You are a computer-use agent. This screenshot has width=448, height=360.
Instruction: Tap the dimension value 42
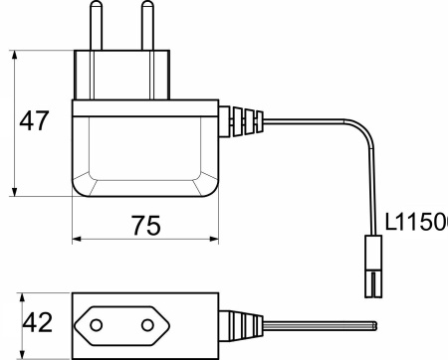(x=37, y=324)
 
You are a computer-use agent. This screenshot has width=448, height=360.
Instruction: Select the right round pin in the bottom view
(x=157, y=324)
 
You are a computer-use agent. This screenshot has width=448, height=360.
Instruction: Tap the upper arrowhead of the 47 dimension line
(x=15, y=52)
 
